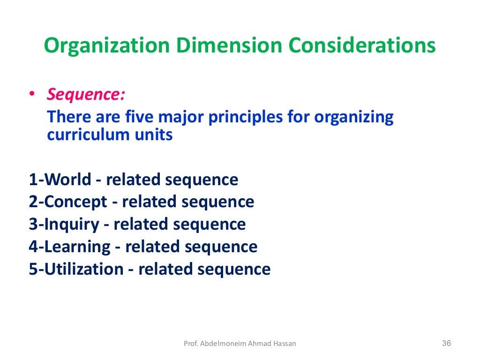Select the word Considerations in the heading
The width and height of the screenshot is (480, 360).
point(362,46)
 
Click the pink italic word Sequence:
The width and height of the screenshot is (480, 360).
point(86,95)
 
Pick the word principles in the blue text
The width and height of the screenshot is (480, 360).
point(246,116)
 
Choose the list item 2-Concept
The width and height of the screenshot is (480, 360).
point(68,202)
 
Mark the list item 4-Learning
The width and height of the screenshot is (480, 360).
point(70,247)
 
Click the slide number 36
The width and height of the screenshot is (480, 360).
point(446,344)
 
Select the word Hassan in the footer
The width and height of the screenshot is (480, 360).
point(285,344)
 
